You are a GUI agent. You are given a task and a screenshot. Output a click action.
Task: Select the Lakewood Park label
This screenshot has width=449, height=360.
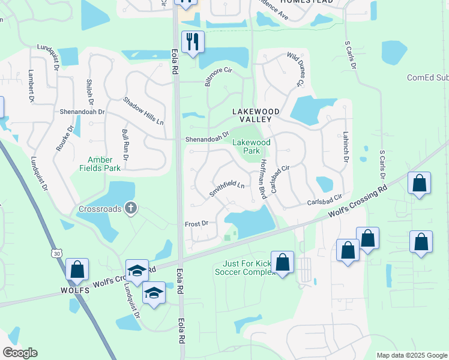pos(252,146)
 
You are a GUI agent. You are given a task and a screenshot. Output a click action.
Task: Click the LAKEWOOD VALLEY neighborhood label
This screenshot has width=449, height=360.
pos(256,116)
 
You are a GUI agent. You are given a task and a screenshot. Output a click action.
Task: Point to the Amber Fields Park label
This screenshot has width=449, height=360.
pos(104,164)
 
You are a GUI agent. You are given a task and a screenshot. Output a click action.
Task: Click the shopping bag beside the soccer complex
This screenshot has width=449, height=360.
pos(282,263)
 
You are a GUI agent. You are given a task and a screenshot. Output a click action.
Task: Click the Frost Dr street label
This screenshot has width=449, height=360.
pos(196,223)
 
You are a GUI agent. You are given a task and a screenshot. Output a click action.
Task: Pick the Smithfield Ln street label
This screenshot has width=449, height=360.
pos(226,188)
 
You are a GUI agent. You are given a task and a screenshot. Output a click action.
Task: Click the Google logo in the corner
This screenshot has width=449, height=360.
pos(20,353)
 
